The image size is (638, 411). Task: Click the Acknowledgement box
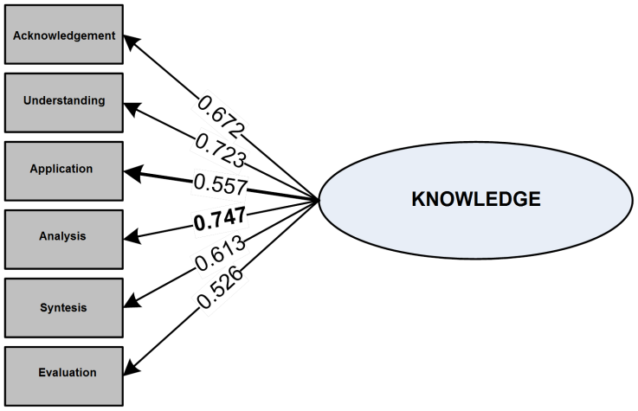(x=64, y=35)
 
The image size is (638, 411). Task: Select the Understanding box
(x=64, y=101)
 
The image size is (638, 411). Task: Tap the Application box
(x=64, y=169)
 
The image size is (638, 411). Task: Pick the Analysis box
(x=64, y=235)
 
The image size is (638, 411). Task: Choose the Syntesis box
(x=64, y=307)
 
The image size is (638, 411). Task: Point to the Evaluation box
(x=64, y=373)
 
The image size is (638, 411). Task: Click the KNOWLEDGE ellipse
(x=474, y=200)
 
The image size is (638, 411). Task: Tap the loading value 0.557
(x=221, y=183)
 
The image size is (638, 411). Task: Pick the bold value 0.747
(x=220, y=220)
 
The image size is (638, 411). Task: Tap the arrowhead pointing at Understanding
(x=131, y=107)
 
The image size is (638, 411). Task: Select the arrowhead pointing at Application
(x=132, y=172)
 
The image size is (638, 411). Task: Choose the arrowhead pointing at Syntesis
(x=131, y=302)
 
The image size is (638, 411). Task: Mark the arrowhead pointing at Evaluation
(x=131, y=370)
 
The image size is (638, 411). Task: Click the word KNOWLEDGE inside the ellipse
(x=474, y=200)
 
